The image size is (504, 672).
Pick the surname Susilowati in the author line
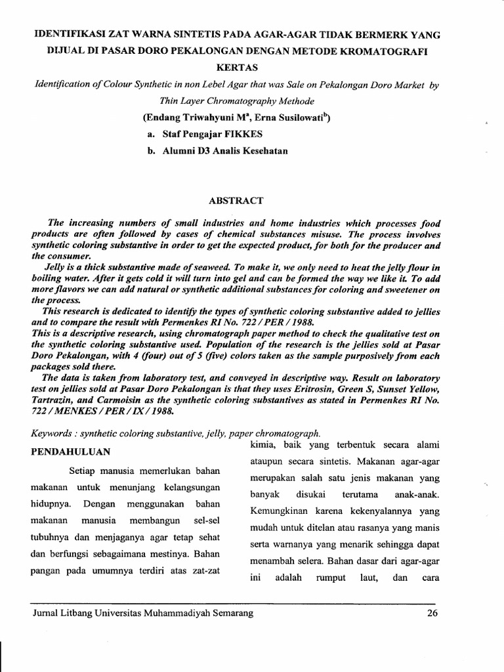click(293, 118)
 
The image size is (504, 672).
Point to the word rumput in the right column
click(325, 579)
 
